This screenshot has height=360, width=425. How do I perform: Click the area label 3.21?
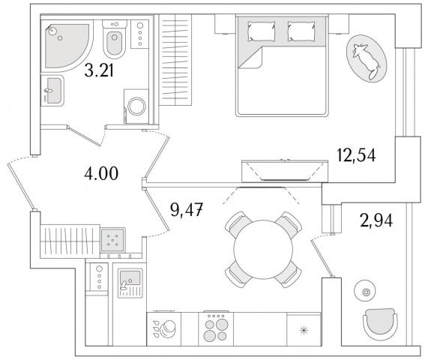point(99,71)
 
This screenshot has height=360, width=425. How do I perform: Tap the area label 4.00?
point(101,173)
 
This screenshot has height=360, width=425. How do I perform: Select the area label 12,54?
point(357,155)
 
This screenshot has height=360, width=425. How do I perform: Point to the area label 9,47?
point(187,209)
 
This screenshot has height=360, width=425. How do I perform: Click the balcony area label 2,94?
point(376,220)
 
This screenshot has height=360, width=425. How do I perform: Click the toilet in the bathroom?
point(115,39)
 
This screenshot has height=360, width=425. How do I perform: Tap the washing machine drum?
point(136,106)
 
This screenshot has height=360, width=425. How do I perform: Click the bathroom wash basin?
point(52,90)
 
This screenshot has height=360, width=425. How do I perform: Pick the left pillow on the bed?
point(262,31)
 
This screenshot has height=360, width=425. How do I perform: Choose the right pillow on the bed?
point(301,31)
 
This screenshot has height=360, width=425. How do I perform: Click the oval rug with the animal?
point(367,58)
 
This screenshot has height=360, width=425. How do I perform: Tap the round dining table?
point(263,249)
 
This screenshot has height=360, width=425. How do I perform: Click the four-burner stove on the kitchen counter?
point(216,329)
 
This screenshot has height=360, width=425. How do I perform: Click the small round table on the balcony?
point(366,292)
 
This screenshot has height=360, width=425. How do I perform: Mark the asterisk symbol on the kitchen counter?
point(304,330)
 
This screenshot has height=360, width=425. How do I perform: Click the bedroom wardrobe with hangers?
point(175,60)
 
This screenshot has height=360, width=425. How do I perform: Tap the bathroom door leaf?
point(84,136)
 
